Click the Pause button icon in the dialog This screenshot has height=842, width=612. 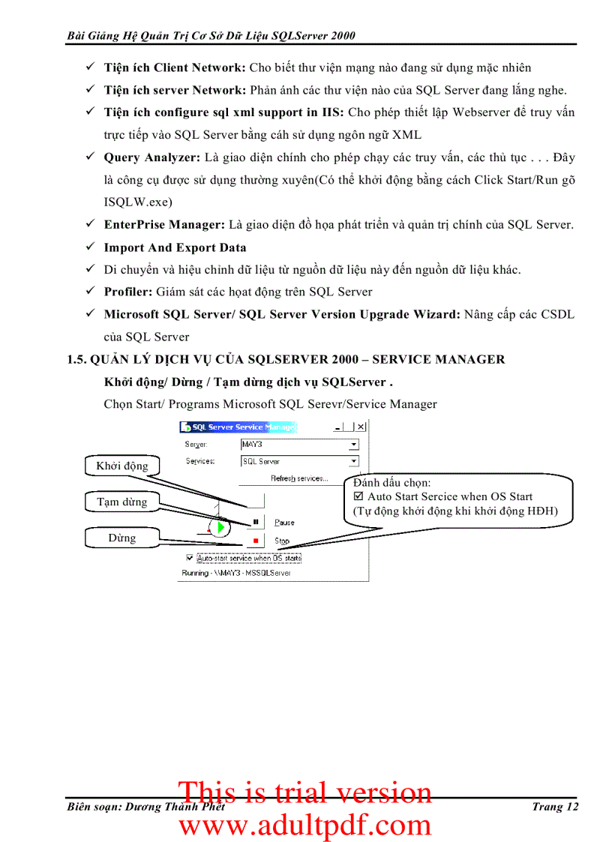point(255,522)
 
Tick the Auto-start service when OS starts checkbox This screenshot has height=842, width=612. point(189,558)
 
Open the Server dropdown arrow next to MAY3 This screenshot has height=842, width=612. point(354,445)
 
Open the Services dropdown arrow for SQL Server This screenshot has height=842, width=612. point(354,462)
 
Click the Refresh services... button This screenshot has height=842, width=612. point(299,478)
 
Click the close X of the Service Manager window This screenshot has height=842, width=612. point(361,427)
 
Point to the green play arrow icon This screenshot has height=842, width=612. point(220,528)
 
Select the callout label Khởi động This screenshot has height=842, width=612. point(122,466)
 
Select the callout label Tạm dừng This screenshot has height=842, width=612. point(122,502)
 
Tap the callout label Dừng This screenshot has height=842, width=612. point(122,538)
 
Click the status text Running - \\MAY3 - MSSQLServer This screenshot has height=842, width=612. point(235,573)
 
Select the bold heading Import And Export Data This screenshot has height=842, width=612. point(175,247)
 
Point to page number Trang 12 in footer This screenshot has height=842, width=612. point(554,807)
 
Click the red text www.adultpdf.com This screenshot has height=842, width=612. point(304,825)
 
